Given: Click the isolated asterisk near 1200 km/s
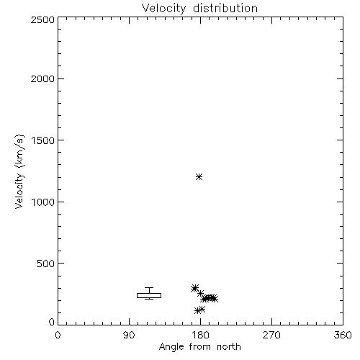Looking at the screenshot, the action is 199,177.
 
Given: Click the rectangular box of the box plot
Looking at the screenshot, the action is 149,293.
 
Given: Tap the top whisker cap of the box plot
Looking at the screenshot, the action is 149,287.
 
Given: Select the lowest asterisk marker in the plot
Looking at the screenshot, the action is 197,311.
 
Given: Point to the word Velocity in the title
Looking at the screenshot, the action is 164,8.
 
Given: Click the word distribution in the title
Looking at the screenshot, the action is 225,8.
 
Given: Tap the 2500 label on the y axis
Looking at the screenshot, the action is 43,19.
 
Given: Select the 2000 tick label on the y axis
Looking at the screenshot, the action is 43,78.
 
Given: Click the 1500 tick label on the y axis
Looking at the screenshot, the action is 43,140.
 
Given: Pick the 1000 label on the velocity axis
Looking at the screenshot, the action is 43,202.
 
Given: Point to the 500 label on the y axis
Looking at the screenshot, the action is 46,264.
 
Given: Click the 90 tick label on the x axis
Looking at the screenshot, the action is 129,335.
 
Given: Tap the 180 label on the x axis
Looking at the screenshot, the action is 200,335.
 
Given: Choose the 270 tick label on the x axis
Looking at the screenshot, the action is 271,335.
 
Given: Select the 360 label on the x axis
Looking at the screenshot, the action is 343,335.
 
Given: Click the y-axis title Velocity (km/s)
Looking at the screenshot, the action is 19,171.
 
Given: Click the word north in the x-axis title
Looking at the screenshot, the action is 229,347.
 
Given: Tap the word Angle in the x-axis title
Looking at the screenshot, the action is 171,347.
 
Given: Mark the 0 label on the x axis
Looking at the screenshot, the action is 58,335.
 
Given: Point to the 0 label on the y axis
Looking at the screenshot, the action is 52,322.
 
